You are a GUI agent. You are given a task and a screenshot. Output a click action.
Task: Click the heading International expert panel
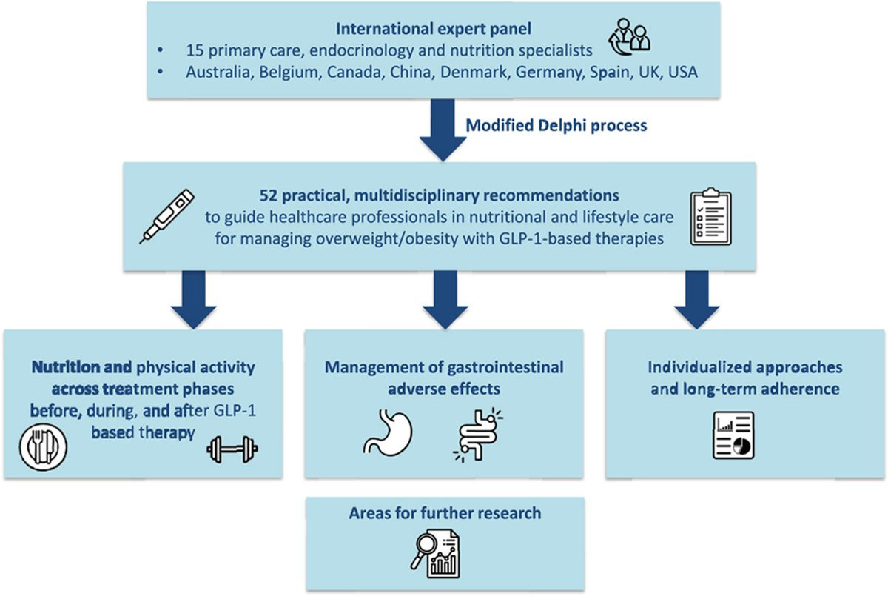tap(434, 29)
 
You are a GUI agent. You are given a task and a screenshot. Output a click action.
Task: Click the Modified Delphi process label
tap(556, 125)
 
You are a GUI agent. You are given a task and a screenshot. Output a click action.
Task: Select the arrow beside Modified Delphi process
tap(443, 130)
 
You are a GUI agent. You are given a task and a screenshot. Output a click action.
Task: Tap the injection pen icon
tap(167, 216)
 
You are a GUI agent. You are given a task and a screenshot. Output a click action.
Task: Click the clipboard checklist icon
tap(711, 216)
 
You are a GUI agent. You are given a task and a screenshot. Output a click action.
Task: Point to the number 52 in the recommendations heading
tap(269, 195)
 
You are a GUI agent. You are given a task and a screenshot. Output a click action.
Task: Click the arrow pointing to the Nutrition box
tap(193, 300)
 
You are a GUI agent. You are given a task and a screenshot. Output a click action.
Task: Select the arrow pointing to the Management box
tap(445, 300)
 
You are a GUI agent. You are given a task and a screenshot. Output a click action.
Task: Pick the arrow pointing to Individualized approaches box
tap(696, 300)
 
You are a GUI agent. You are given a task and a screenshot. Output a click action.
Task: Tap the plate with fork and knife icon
tap(43, 447)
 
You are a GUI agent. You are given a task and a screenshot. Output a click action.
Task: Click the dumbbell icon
tap(232, 449)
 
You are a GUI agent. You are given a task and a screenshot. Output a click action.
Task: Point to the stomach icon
tap(388, 432)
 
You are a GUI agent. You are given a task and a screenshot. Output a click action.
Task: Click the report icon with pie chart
tap(733, 435)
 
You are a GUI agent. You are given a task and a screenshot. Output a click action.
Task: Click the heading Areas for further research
tap(445, 513)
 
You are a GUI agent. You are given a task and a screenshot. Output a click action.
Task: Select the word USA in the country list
tap(682, 72)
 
